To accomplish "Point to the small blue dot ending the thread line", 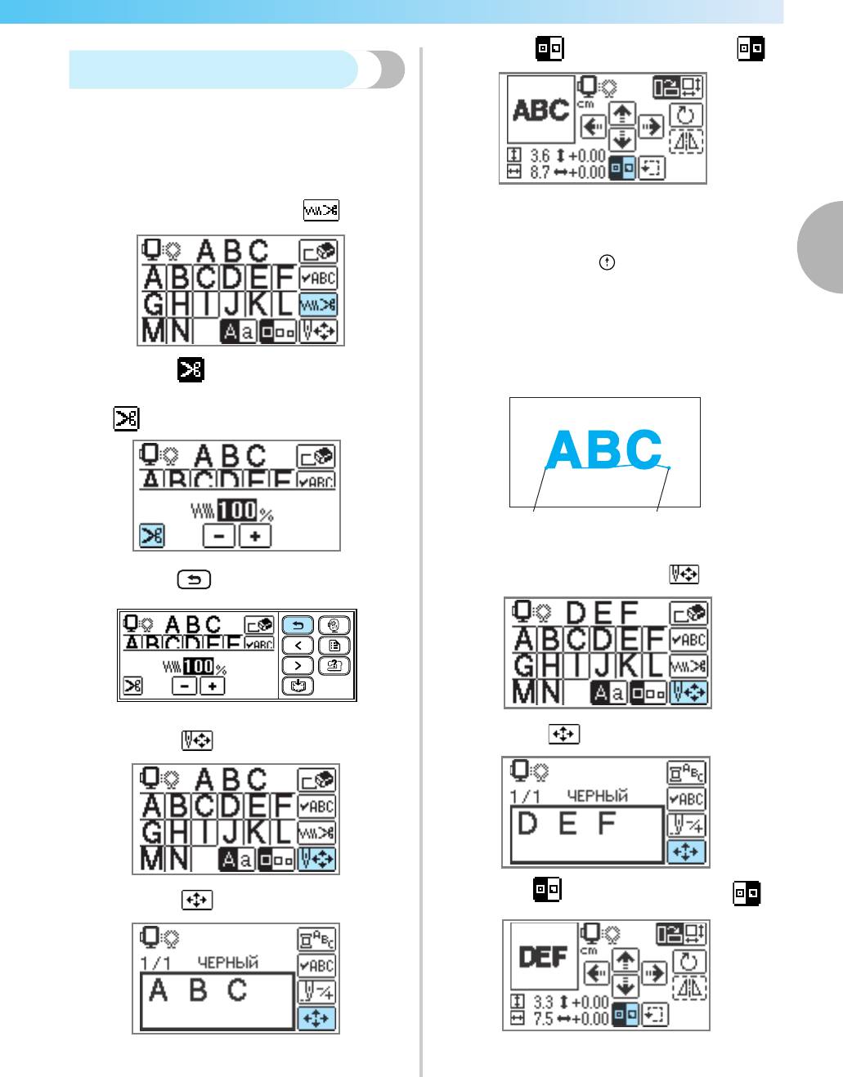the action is click(x=668, y=467).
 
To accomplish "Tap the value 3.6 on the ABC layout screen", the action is click(x=540, y=156).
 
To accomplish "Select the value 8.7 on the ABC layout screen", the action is click(x=540, y=172).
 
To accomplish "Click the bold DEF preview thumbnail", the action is click(x=544, y=957).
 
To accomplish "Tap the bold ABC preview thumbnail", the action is click(x=540, y=109).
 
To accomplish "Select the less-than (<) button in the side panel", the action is click(x=298, y=646).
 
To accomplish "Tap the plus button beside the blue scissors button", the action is click(x=255, y=537).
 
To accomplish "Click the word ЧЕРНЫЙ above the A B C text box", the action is click(x=228, y=963).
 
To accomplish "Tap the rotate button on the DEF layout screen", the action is click(x=688, y=962).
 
